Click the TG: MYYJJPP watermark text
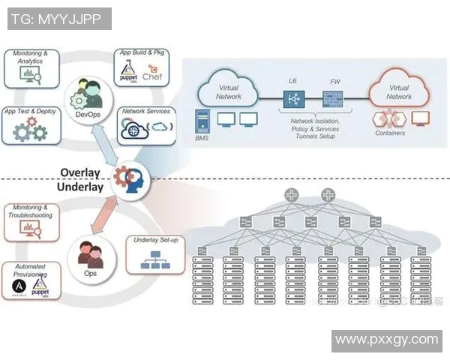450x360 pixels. point(59,19)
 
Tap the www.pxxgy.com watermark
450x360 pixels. point(386,340)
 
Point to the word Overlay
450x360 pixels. point(81,172)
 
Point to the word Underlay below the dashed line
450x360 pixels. point(80,187)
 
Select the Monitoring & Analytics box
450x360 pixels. point(31,68)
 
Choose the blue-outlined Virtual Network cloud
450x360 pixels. point(229,92)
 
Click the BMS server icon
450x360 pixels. point(201,121)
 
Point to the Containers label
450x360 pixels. point(389,133)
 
